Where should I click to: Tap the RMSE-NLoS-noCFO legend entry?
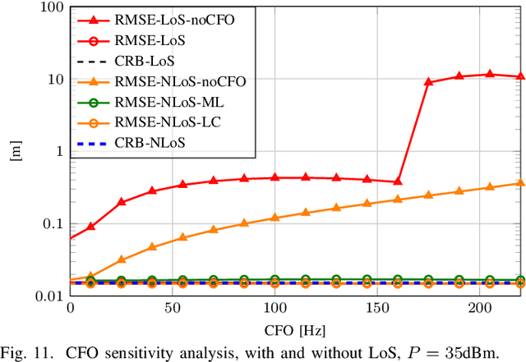168,80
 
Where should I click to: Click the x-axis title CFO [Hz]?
294,330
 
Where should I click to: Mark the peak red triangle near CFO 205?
490,74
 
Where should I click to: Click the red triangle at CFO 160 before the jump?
398,181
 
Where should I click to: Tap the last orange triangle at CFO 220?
520,183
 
